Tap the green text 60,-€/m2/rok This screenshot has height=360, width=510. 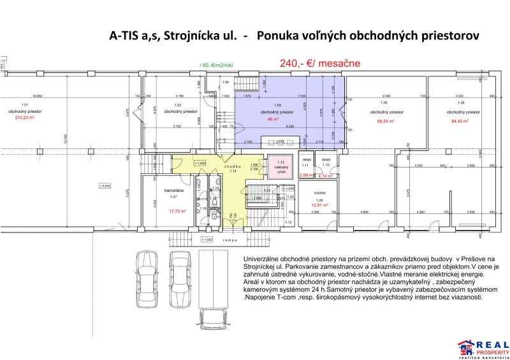click(221, 65)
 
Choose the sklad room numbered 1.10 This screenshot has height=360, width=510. click(326, 162)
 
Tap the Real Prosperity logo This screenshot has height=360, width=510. click(483, 347)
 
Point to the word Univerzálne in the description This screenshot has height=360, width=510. click(263, 254)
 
